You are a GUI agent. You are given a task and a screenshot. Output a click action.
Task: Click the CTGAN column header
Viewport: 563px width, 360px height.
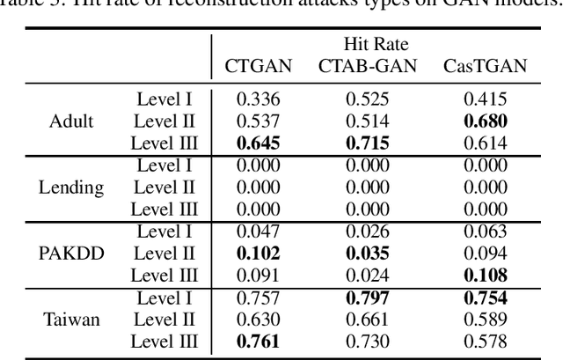[252, 66]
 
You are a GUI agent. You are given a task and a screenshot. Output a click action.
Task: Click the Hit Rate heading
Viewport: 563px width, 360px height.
[376, 44]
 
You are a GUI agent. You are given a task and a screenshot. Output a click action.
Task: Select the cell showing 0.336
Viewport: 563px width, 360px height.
[252, 99]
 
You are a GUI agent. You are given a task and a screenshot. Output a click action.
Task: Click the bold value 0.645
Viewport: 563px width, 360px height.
[252, 143]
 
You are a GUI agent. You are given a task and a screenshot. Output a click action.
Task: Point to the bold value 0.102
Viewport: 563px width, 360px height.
[252, 253]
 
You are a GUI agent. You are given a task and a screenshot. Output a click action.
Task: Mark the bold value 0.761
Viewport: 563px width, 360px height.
[252, 341]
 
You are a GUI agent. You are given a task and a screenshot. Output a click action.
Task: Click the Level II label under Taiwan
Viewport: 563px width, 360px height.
[165, 319]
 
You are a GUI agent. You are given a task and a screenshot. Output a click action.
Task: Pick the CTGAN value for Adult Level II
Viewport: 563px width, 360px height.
[252, 121]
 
